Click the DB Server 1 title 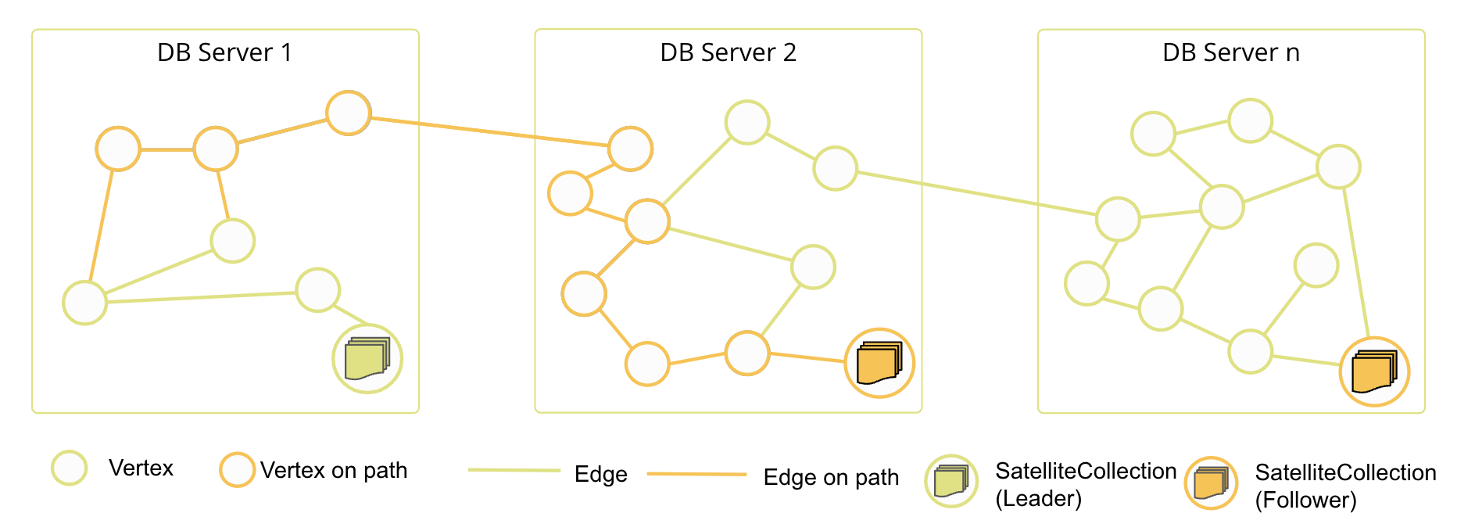pyautogui.click(x=224, y=52)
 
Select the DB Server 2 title pyautogui.click(x=728, y=52)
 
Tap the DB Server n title pyautogui.click(x=1230, y=52)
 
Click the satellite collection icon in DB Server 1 pyautogui.click(x=367, y=359)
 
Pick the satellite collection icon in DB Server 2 pyautogui.click(x=879, y=363)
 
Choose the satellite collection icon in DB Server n pyautogui.click(x=1374, y=371)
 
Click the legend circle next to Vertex pyautogui.click(x=69, y=468)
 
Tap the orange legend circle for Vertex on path pyautogui.click(x=237, y=470)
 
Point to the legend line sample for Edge pyautogui.click(x=514, y=470)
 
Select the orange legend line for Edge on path pyautogui.click(x=696, y=474)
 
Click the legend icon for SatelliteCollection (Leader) pyautogui.click(x=951, y=481)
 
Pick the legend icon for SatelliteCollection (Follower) pyautogui.click(x=1211, y=483)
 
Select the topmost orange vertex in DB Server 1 pyautogui.click(x=348, y=113)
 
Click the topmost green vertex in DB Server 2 pyautogui.click(x=747, y=123)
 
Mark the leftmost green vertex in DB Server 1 pyautogui.click(x=84, y=303)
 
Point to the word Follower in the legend pyautogui.click(x=1305, y=500)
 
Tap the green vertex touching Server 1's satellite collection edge pyautogui.click(x=317, y=290)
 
